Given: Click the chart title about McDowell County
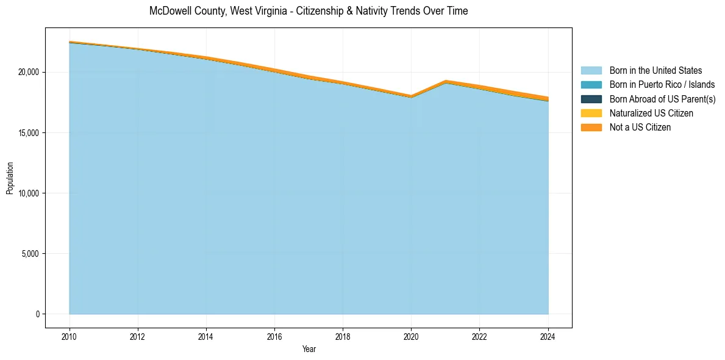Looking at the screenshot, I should click(x=309, y=11).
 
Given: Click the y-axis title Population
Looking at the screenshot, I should click(x=10, y=178).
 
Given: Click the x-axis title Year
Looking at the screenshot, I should click(x=309, y=349).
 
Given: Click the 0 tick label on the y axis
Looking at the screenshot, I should click(x=37, y=314).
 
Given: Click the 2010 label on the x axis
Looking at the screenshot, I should click(x=70, y=336).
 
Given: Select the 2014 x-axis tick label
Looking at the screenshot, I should click(x=206, y=336).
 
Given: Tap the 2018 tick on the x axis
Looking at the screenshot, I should click(x=343, y=336).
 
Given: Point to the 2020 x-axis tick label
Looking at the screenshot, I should click(x=411, y=336).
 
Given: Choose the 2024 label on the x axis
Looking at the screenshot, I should click(x=548, y=336).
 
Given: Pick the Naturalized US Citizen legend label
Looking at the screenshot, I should click(x=651, y=113).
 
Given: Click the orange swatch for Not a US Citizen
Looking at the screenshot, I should click(x=591, y=127).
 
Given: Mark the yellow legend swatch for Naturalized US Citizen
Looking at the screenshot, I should click(x=591, y=113).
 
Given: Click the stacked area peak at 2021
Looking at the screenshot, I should click(x=446, y=81).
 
